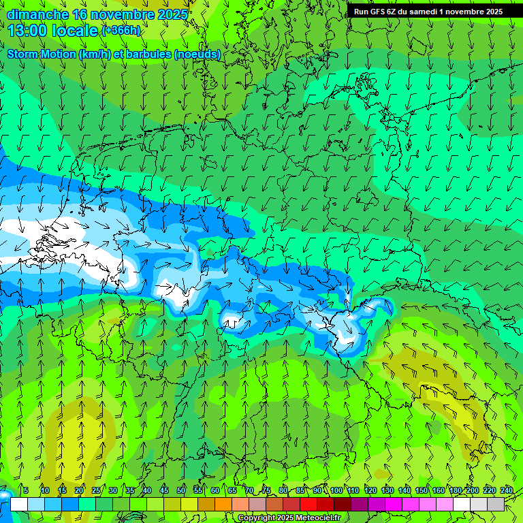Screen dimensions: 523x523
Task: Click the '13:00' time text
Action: coord(27,31)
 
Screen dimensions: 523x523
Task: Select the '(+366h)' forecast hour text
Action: coord(121,31)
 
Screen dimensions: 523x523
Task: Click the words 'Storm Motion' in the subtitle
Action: coord(42,54)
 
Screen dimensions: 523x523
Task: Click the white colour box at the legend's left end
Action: coord(19,504)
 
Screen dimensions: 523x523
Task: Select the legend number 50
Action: coord(181,490)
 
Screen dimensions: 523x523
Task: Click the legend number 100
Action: coord(336,490)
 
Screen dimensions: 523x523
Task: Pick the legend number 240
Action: coord(507,490)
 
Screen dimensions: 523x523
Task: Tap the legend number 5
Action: coord(25,490)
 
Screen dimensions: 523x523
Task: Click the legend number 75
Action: coord(266,490)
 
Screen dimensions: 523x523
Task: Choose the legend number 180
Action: coord(456,490)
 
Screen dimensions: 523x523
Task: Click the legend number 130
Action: coord(387,490)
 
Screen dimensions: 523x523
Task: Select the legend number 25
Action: coord(96,490)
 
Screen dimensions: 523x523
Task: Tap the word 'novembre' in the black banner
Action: coord(463,12)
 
